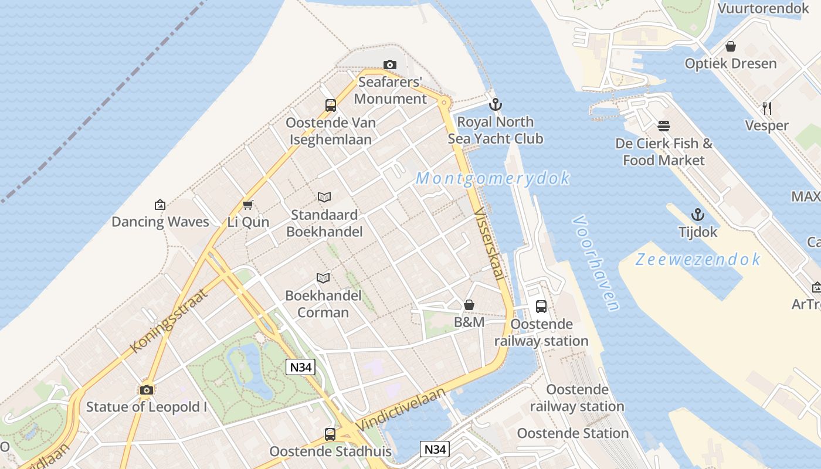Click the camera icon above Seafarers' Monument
390,64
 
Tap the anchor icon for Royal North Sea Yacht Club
496,105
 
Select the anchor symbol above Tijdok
698,215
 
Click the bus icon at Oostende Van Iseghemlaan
331,106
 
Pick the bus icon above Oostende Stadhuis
330,434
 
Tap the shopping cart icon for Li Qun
248,205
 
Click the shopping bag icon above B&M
469,305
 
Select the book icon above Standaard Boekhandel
324,198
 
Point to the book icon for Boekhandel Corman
323,278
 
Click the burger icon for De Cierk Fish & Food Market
664,126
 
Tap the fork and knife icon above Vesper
766,108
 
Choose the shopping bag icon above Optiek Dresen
731,46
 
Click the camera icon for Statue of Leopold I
147,390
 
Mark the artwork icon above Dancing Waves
160,205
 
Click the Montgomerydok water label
493,178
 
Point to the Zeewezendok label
698,259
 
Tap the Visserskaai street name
490,243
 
